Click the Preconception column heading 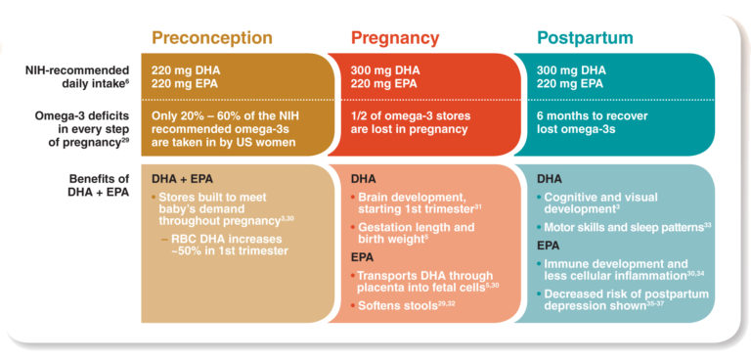(211, 38)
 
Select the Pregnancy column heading (396, 38)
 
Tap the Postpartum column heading (585, 38)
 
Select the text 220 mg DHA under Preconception (189, 69)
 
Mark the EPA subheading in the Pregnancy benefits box (364, 257)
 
